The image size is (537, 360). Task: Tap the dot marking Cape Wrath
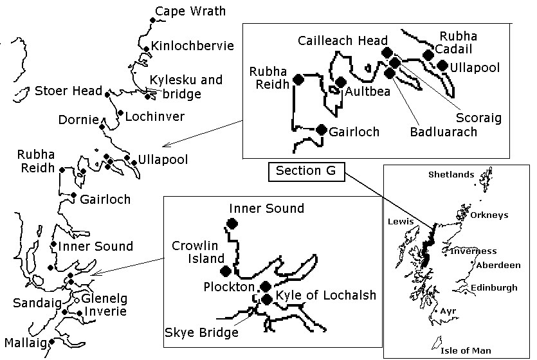pos(152,21)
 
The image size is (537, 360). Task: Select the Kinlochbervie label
pos(192,46)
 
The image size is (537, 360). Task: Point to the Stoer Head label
pos(68,91)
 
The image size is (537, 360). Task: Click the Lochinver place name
pos(155,116)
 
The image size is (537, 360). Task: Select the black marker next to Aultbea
pos(341,82)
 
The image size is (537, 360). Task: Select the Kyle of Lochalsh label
pos(325,295)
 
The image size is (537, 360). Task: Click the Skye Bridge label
pos(202,332)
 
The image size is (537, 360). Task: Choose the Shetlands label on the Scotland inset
pos(451,175)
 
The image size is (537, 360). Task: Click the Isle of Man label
pos(466,351)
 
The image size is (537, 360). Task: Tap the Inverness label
pos(473,251)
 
